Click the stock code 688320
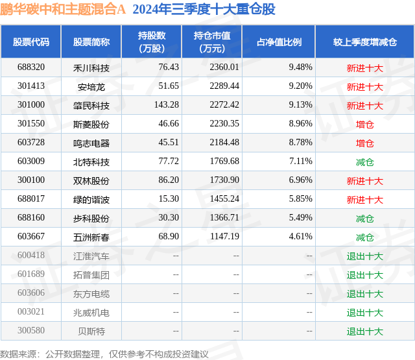pos(31,67)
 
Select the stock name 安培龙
pos(91,86)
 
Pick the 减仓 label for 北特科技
pos(364,162)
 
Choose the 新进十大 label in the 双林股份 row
pos(364,181)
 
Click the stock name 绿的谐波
pos(91,200)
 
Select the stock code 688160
pos(31,219)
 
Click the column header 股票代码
pos(31,42)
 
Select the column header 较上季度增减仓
pos(364,42)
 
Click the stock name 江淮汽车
pos(91,256)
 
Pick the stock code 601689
pos(31,275)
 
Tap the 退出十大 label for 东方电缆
pos(364,294)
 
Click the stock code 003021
pos(31,313)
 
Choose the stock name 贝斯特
pos(91,331)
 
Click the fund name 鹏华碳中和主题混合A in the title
pos(63,10)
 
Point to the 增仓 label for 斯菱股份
pos(364,124)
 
